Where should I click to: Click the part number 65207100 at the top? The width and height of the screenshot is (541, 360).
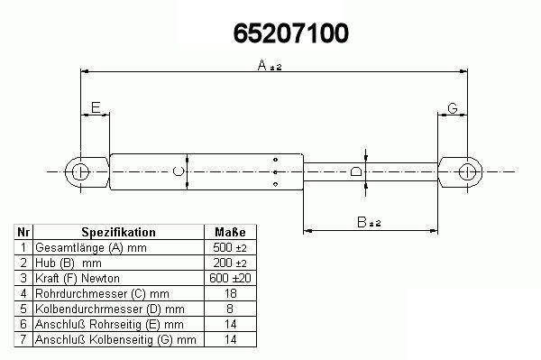click(x=291, y=33)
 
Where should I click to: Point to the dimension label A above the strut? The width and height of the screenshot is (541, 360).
click(x=262, y=65)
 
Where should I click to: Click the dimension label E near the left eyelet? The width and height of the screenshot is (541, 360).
click(x=96, y=107)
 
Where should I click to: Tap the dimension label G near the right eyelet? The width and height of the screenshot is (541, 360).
click(x=453, y=108)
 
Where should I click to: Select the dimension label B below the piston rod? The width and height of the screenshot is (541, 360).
click(x=362, y=222)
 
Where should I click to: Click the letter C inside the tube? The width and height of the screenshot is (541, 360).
click(x=178, y=171)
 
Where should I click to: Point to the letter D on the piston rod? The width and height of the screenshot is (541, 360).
click(x=356, y=171)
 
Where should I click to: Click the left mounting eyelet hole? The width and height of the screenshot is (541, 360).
click(x=80, y=172)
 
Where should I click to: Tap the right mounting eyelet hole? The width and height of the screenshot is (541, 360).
click(x=467, y=172)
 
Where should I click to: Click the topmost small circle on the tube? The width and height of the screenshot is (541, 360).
click(x=275, y=160)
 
